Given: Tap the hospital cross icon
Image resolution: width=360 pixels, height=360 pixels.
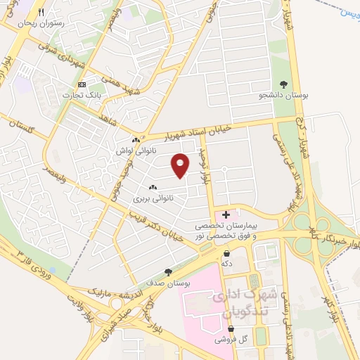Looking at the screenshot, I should [226, 214].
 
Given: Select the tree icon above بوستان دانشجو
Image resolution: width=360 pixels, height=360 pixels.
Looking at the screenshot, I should [283, 84].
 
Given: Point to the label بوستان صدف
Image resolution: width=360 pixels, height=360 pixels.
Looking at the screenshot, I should [169, 282].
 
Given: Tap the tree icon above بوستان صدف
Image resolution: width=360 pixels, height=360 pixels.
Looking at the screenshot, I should [167, 272].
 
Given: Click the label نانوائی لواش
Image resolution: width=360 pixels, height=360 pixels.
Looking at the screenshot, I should [136, 150].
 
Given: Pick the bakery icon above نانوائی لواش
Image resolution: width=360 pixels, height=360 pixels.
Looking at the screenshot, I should [136, 140].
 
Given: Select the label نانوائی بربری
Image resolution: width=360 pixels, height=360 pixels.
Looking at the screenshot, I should [153, 198].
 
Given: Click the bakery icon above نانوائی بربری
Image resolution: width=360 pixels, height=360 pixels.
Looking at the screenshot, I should [153, 188].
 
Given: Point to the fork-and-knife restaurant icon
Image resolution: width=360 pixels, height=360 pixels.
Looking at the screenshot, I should [41, 13].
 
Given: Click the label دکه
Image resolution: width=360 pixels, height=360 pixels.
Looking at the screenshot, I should [226, 263].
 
